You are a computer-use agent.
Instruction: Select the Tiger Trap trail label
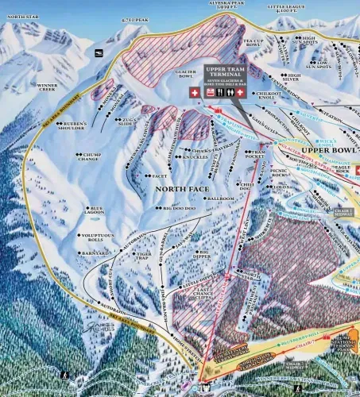[x=142, y=256]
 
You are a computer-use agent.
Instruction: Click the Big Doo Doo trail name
[x=166, y=207]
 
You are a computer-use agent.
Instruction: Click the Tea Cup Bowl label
[x=253, y=43]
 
